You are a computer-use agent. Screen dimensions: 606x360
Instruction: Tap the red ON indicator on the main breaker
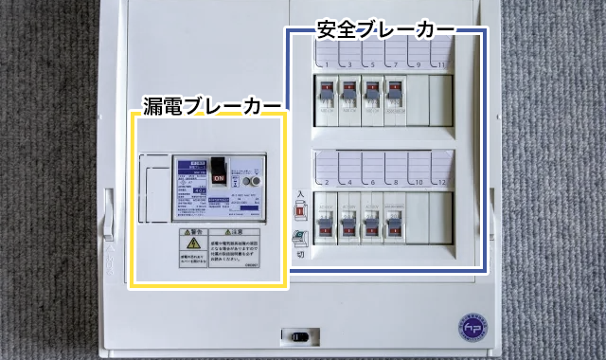[x=219, y=177]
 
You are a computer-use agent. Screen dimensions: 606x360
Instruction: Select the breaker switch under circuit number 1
[x=325, y=94]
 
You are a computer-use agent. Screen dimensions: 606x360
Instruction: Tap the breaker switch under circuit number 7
[x=392, y=94]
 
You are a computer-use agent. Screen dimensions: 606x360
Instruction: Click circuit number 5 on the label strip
[x=371, y=63]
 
